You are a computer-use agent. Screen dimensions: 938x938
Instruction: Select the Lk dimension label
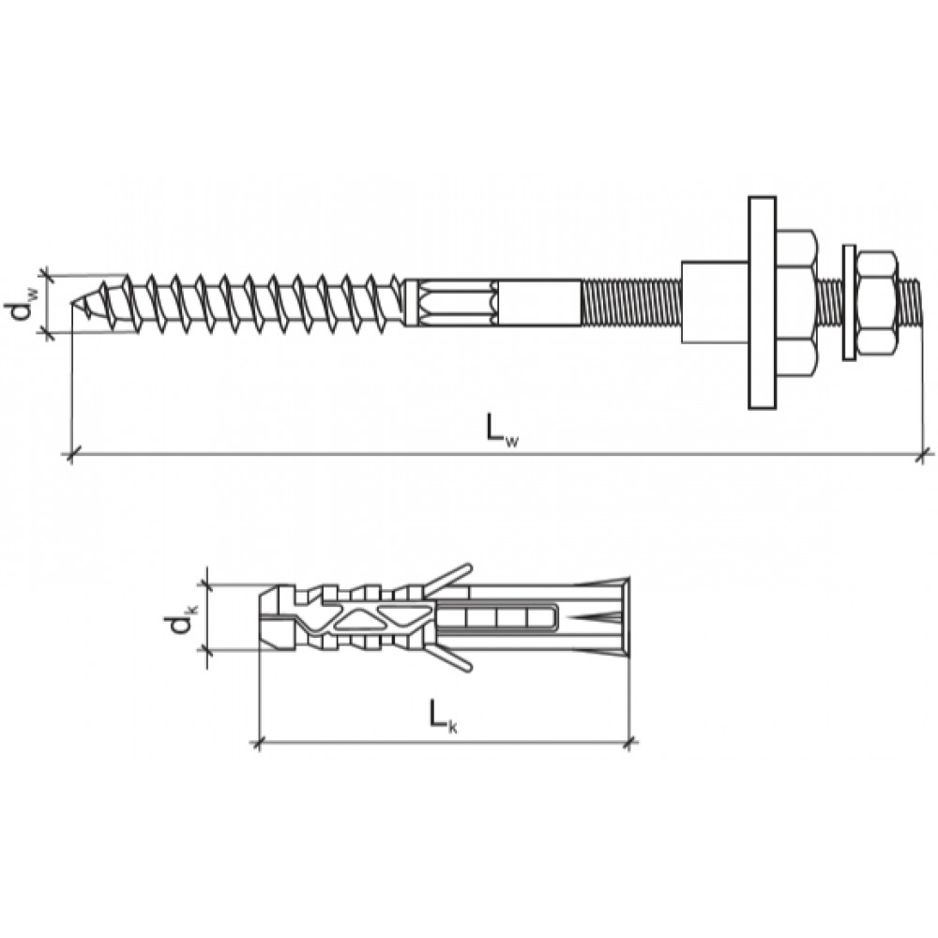point(443,716)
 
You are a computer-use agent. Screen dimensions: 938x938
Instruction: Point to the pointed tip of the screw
point(73,304)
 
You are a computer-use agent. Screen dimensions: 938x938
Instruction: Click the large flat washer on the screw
point(762,303)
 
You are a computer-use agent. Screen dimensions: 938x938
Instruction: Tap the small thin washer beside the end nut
point(848,303)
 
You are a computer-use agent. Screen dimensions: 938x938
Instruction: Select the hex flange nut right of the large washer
point(795,303)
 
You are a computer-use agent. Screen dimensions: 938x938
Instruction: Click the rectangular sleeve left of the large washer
point(715,302)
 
